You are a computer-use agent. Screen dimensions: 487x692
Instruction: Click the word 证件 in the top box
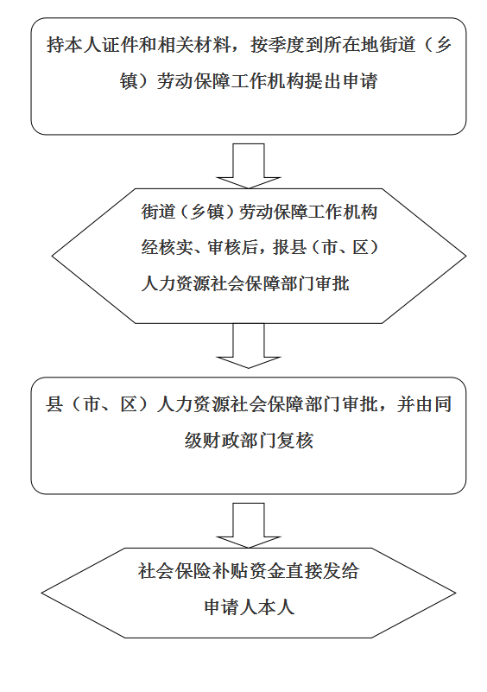pyautogui.click(x=119, y=45)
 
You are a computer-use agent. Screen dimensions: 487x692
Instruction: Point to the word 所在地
pyautogui.click(x=351, y=45)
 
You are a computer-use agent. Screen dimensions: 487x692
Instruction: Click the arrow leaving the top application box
pyautogui.click(x=249, y=166)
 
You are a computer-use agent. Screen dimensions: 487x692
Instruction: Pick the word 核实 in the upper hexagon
pyautogui.click(x=175, y=247)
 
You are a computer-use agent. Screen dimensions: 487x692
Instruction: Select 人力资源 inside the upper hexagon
pyautogui.click(x=175, y=283)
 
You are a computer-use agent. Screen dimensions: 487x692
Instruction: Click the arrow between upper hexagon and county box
pyautogui.click(x=249, y=346)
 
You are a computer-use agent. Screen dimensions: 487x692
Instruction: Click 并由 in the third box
pyautogui.click(x=414, y=404)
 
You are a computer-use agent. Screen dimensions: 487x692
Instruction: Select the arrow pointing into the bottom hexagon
pyautogui.click(x=249, y=525)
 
